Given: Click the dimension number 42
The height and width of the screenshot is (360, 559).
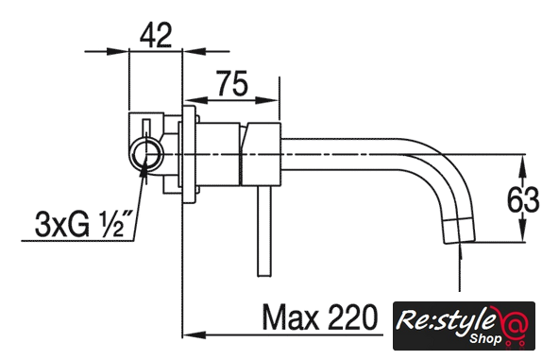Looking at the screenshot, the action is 156,35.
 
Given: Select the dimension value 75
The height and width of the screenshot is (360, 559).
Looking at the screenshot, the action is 231,83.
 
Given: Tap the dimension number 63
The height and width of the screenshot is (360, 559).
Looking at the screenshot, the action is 523,199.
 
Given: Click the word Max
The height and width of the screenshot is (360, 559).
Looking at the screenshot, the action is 290,317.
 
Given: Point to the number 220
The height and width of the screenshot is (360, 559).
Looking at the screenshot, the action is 352,317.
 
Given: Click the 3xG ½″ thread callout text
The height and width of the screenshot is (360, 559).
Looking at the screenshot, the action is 83,225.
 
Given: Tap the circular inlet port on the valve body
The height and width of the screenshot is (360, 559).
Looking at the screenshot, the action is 146,155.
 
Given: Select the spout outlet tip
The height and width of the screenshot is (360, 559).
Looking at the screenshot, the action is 459,231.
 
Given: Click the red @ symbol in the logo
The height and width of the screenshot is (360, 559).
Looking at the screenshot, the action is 514,324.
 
